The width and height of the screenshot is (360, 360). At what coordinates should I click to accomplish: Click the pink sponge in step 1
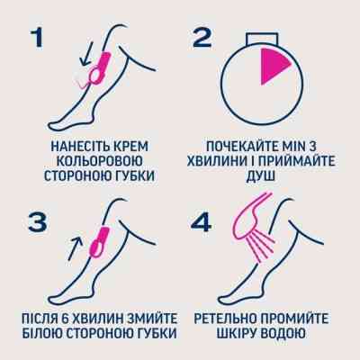coord(104,68)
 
